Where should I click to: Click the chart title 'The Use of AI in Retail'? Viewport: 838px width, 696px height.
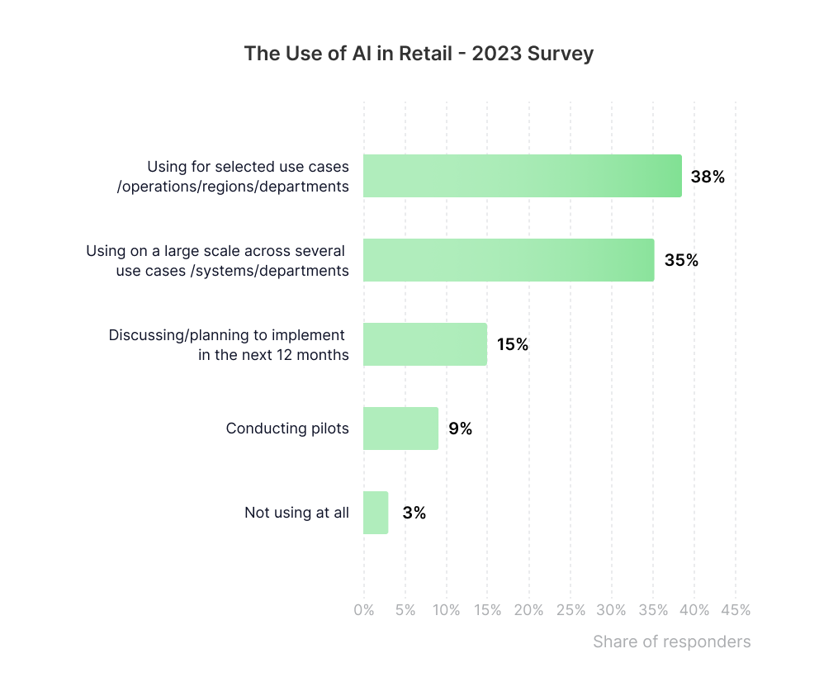348,54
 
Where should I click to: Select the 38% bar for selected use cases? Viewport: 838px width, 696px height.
522,176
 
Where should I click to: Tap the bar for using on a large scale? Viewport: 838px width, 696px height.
509,260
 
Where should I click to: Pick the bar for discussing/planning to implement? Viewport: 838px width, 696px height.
425,344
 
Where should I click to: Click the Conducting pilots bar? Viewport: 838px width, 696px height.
400,428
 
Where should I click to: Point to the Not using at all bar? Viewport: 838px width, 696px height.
376,513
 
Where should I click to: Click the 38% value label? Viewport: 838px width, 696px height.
708,177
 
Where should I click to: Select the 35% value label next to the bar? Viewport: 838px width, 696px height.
681,260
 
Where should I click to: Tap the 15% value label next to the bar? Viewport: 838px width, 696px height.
513,344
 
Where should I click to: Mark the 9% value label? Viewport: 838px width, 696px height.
460,428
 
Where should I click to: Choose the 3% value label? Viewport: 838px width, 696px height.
414,513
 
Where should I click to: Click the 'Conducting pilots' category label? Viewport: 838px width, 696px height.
287,428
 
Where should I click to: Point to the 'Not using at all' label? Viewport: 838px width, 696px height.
296,513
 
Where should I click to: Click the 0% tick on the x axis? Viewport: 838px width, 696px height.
364,610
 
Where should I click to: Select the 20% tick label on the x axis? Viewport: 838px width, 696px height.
528,610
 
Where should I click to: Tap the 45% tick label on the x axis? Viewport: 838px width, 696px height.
736,610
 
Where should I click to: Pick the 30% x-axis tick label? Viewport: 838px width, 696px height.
612,610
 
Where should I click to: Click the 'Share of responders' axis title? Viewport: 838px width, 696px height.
672,642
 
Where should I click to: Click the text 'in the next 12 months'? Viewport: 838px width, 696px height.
273,355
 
